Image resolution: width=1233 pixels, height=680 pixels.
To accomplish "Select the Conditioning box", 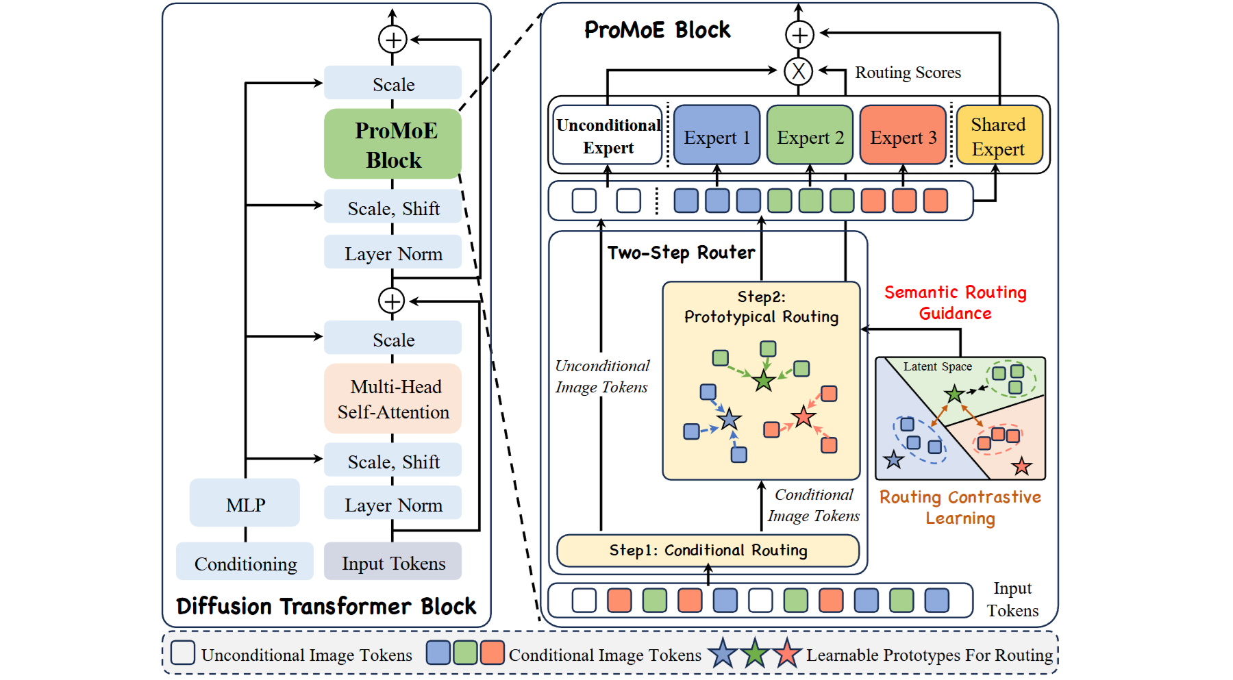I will click(x=245, y=562).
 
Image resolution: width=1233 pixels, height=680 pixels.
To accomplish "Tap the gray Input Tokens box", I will click(x=393, y=562).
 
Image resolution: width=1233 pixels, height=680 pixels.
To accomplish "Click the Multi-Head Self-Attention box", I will click(x=393, y=399).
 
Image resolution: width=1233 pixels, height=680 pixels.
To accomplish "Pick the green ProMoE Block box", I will click(x=393, y=144).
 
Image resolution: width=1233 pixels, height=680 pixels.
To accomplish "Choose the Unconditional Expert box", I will click(x=608, y=136).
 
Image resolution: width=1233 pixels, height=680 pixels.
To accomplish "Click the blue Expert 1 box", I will click(x=717, y=136).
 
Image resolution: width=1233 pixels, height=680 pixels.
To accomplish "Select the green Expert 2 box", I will click(x=810, y=136).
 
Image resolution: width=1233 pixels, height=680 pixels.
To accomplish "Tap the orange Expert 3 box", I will click(x=903, y=136).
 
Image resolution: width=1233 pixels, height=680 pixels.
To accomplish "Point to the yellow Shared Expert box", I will click(x=999, y=136).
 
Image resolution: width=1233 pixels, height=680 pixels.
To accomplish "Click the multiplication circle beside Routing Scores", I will click(x=798, y=71).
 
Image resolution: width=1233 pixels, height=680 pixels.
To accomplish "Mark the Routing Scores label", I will click(x=908, y=73).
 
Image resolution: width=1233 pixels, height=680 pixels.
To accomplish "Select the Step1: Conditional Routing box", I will click(x=708, y=551).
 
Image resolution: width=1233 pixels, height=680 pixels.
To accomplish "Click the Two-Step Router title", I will click(x=681, y=253).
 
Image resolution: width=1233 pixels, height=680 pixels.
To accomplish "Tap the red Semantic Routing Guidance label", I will click(x=955, y=303).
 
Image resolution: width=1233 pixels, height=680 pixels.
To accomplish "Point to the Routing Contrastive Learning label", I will click(x=960, y=507).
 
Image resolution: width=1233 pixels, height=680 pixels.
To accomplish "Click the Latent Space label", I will click(x=937, y=366).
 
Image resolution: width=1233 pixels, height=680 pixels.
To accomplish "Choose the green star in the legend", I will click(x=754, y=654).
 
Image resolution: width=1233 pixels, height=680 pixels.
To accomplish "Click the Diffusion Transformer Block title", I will click(x=326, y=606).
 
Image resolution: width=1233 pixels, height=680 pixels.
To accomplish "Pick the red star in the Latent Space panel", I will click(x=1021, y=466).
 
